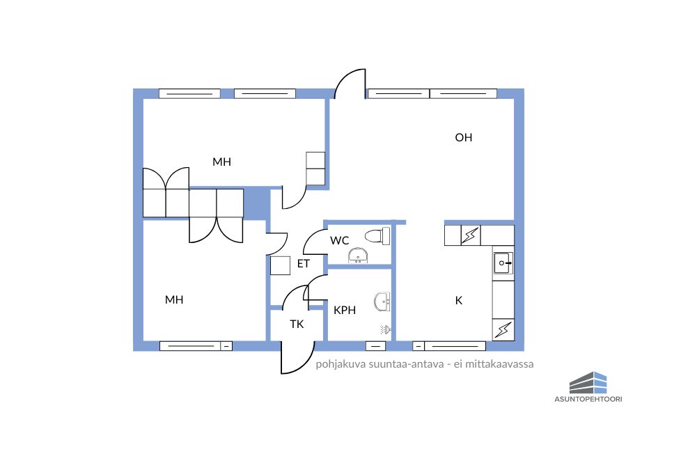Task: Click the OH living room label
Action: tap(464, 137)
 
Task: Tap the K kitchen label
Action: tap(459, 300)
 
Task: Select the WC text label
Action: tap(339, 240)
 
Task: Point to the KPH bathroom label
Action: tap(345, 310)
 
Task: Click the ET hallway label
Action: tap(303, 263)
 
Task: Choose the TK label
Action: tap(297, 324)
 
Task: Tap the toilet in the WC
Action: tap(377, 236)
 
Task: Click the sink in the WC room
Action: tap(358, 256)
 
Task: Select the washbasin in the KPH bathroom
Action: tap(382, 302)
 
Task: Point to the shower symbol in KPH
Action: tap(386, 330)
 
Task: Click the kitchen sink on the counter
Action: tap(503, 263)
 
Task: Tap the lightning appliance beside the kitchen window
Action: tap(503, 329)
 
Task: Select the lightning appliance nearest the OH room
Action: tap(470, 235)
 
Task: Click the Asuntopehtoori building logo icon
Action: tap(588, 382)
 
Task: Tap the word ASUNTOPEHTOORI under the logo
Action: tap(588, 399)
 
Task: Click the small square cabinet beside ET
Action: tap(280, 265)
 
